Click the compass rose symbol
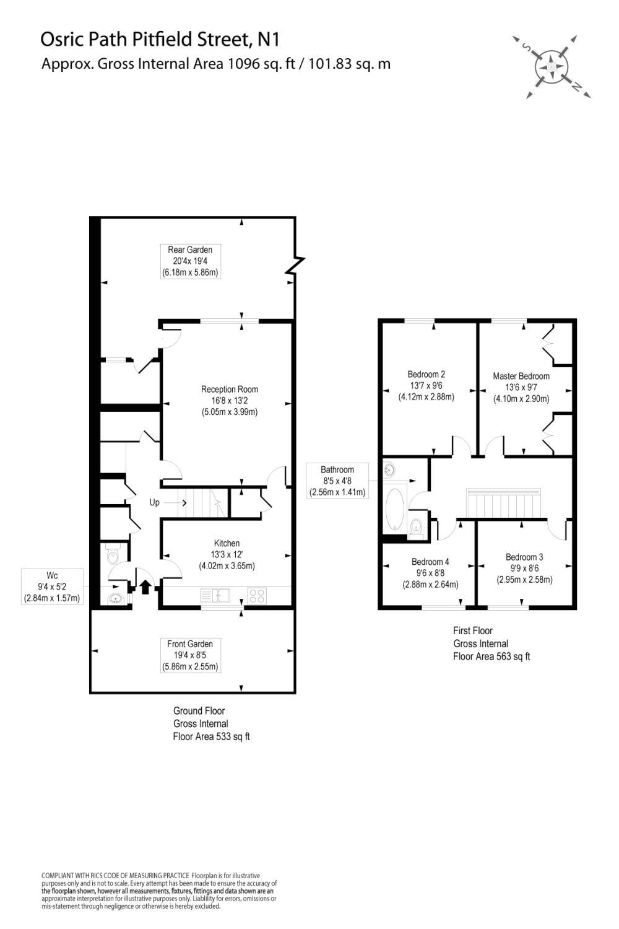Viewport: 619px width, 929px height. (x=551, y=67)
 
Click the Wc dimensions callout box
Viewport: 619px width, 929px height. (x=52, y=587)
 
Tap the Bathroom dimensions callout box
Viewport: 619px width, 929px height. (x=337, y=481)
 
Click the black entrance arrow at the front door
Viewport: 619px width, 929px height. (x=145, y=587)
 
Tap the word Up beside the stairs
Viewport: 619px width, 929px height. (x=154, y=502)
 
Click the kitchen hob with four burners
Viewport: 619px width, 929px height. (x=257, y=595)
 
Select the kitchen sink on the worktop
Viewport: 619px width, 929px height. (x=215, y=595)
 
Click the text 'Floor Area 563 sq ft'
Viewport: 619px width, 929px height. (x=491, y=656)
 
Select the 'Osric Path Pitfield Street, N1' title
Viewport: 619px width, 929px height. (x=160, y=40)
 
